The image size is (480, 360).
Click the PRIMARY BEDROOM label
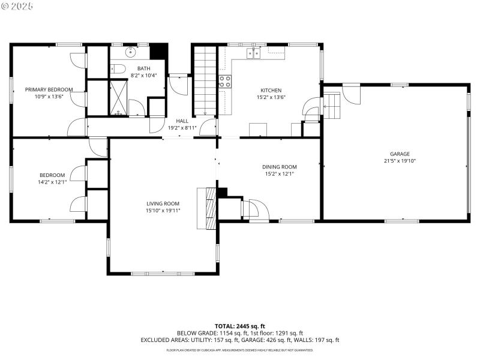[49, 89]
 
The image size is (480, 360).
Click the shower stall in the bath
[119, 97]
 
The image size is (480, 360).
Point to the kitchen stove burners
[226, 81]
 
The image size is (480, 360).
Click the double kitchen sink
[253, 54]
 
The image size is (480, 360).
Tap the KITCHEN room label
[271, 91]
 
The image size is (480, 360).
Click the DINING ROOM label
[279, 167]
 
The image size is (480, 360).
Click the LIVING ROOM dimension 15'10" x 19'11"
[163, 211]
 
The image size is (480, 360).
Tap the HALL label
[182, 121]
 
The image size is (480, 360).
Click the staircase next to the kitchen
[204, 81]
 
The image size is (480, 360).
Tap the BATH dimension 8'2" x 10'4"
[143, 75]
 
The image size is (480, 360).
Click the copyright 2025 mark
[17, 5]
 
